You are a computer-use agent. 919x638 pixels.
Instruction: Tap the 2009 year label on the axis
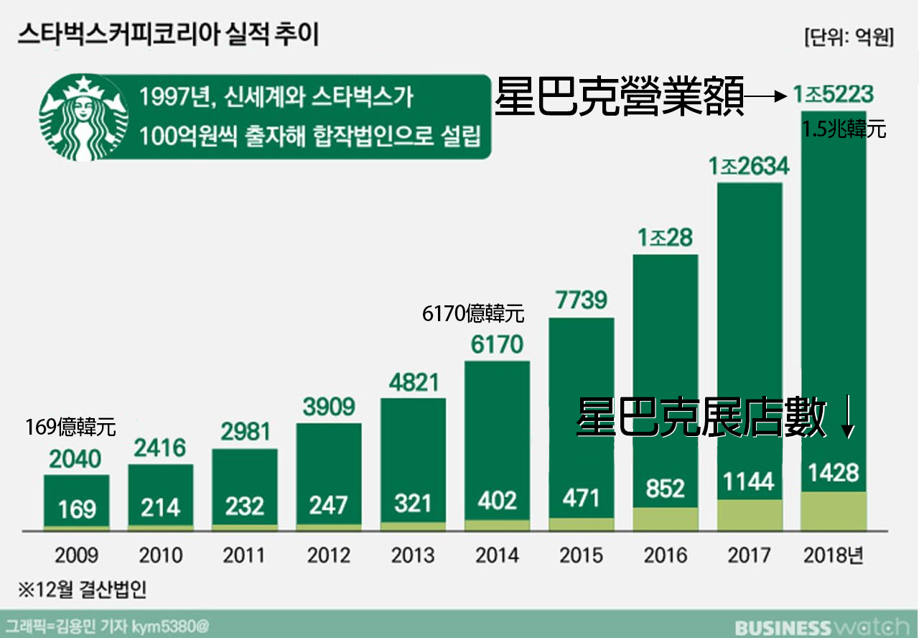click(x=75, y=555)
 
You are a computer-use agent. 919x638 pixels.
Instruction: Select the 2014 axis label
click(x=497, y=555)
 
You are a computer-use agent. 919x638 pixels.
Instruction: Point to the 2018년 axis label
click(x=834, y=555)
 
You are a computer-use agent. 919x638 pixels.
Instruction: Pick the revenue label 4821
click(x=412, y=381)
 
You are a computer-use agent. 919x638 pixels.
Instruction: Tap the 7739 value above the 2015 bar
click(x=581, y=300)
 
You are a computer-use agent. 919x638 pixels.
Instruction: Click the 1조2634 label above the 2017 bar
click(x=749, y=167)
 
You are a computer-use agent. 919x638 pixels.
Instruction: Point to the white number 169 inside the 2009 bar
click(x=76, y=509)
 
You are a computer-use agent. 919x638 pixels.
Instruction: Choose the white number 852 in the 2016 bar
click(x=665, y=489)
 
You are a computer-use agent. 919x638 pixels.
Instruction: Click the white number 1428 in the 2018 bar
click(x=833, y=473)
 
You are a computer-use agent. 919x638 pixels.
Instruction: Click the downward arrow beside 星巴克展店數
click(x=848, y=417)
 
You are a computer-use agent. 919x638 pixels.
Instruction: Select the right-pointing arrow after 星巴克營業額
click(x=765, y=95)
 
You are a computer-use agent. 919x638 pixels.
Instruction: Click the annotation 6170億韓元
click(x=473, y=314)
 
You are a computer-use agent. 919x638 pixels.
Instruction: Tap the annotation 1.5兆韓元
click(x=844, y=131)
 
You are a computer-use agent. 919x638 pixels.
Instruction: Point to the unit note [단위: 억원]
click(x=849, y=37)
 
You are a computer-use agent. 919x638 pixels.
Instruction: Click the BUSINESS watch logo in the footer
click(x=818, y=627)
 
